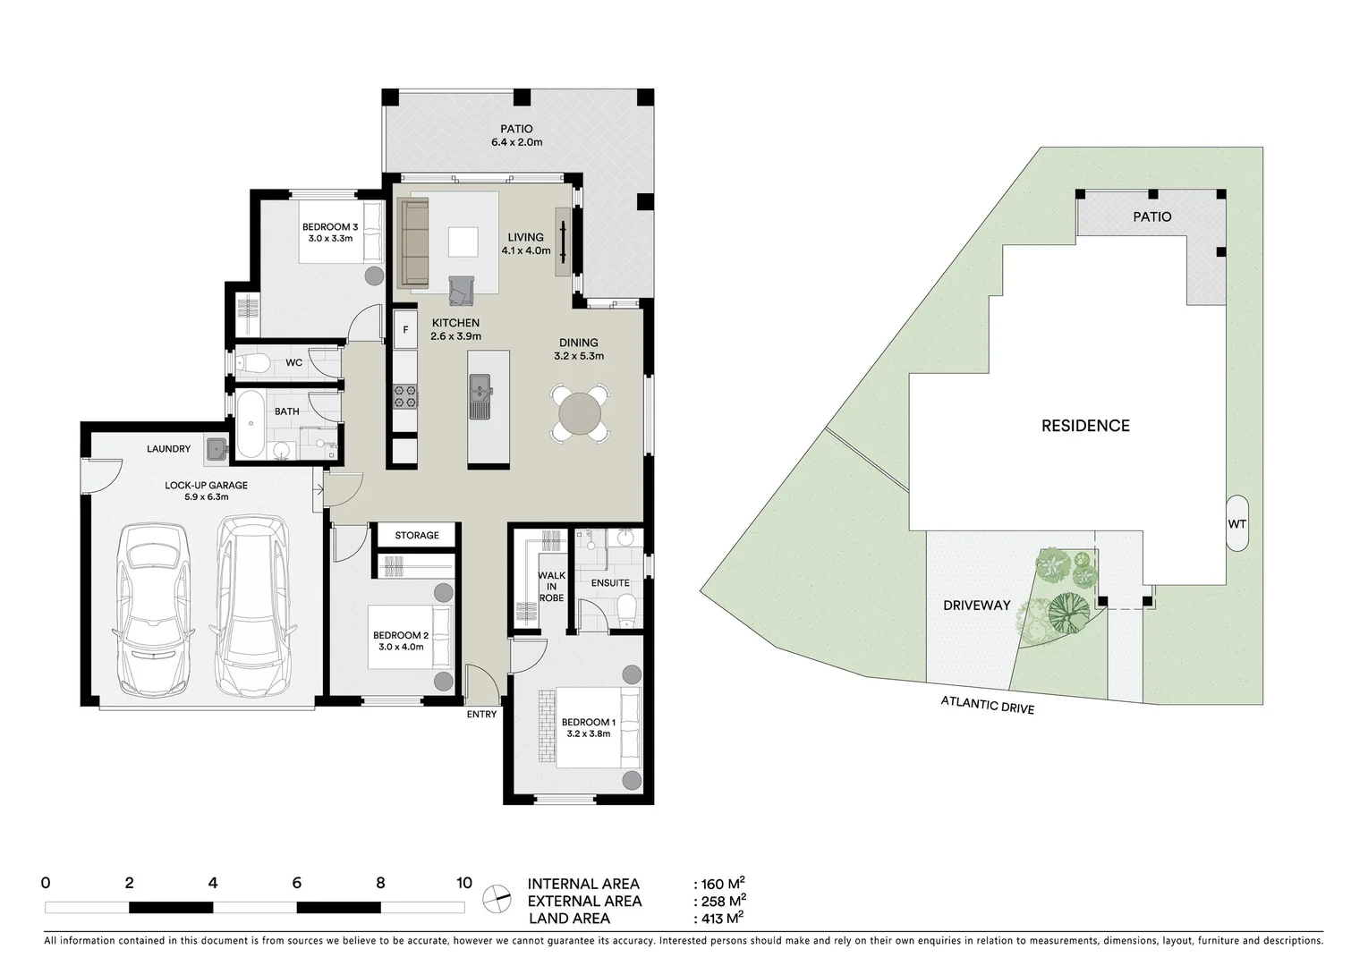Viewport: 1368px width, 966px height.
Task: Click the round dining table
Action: [581, 413]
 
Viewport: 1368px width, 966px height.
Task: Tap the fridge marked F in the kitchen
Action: [405, 329]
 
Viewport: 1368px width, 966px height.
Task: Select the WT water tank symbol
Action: [1236, 524]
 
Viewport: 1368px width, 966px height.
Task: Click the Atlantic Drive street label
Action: [987, 705]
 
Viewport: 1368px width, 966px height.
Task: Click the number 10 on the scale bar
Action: [463, 883]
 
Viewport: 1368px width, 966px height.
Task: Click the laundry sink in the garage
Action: [216, 449]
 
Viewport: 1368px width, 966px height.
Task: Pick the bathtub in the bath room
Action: [250, 426]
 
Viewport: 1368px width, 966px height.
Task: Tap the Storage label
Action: [417, 535]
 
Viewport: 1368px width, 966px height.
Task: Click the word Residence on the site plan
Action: [1085, 426]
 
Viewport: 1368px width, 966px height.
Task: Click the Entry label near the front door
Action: [481, 714]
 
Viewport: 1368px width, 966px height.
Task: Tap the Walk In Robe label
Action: [551, 587]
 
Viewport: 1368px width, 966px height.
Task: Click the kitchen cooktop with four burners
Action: [405, 395]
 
